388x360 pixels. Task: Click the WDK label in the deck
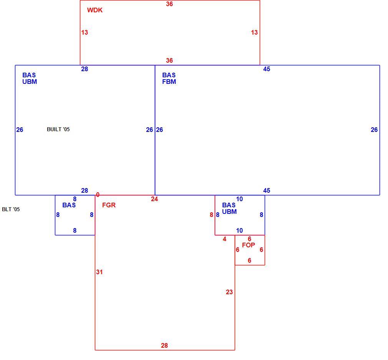coord(95,10)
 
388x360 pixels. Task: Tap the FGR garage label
coord(109,205)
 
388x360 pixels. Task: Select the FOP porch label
coord(249,245)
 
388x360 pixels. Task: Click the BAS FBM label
coord(169,78)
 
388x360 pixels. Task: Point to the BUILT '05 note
coord(58,129)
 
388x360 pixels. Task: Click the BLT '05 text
coord(11,209)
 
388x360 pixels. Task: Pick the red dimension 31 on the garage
coord(99,272)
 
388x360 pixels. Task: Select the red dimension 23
coord(229,292)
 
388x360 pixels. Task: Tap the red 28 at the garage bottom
coord(164,345)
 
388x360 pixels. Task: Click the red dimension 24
coord(154,199)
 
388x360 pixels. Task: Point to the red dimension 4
coord(224,239)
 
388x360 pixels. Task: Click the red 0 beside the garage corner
coord(98,195)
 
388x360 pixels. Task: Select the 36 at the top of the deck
coord(169,4)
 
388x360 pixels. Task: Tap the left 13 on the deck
coord(85,32)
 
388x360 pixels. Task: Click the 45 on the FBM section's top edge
coord(267,69)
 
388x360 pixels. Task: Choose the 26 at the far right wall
coord(374,130)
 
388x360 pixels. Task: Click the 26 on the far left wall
coord(20,130)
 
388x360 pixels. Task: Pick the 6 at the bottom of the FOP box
coord(249,261)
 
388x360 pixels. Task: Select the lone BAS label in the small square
coord(69,205)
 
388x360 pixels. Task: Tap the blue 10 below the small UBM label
coord(239,231)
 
